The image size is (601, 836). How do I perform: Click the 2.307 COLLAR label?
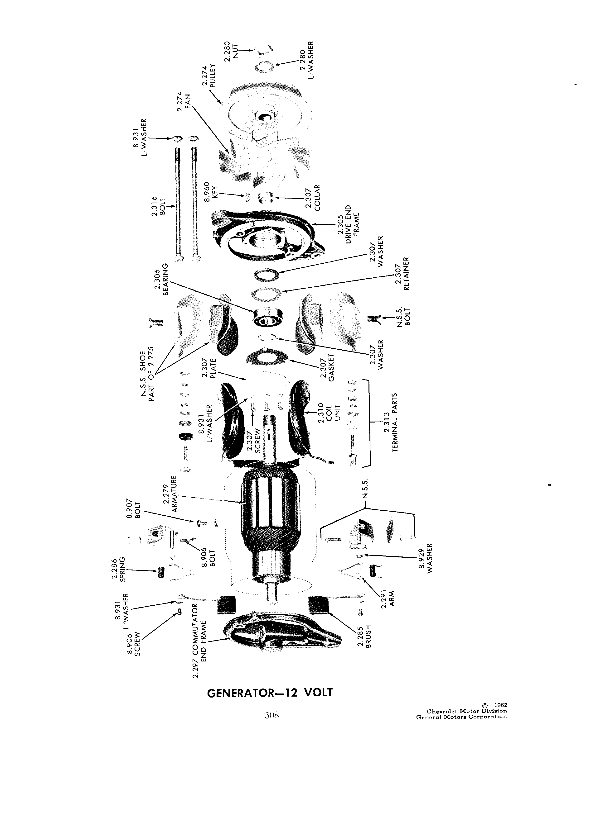(314, 197)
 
